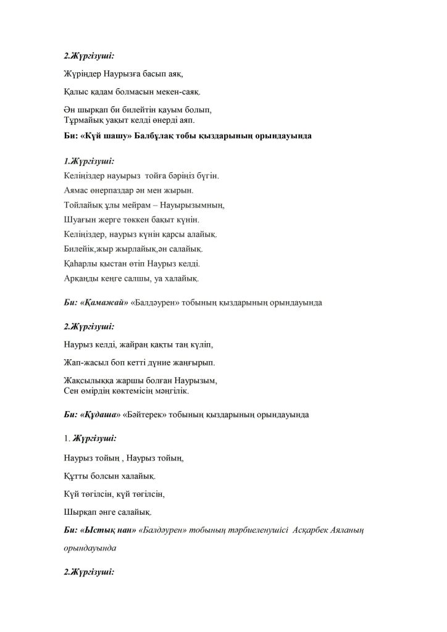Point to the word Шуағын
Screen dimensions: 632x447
pos(78,220)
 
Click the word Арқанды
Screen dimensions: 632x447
pos(81,278)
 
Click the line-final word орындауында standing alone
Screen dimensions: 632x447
pos(90,547)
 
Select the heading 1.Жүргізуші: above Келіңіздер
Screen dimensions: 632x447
pos(89,162)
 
